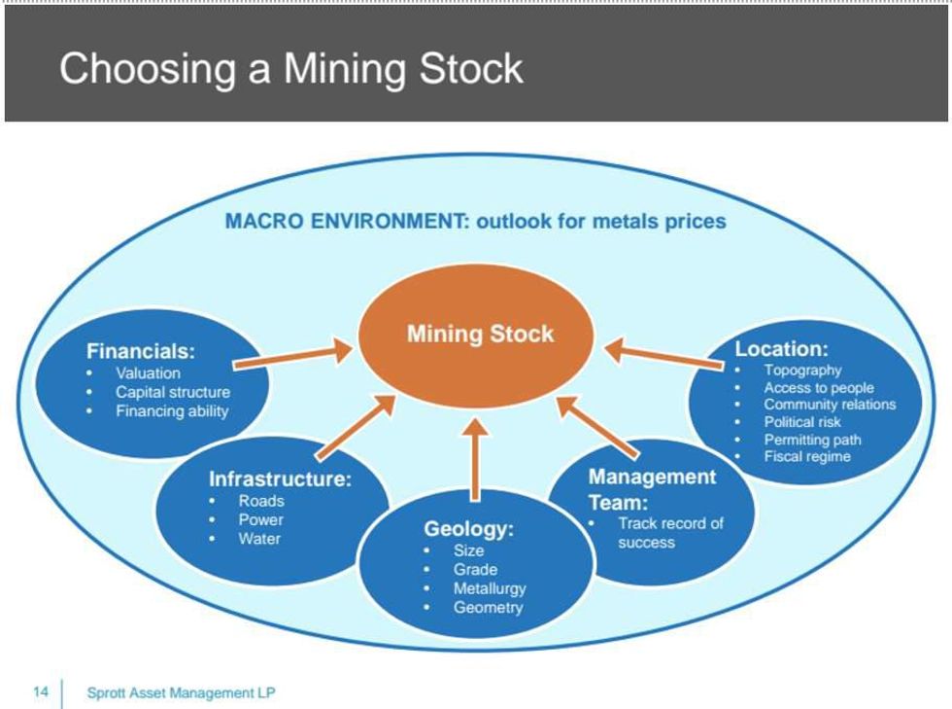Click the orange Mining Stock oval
479,335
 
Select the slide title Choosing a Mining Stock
291,69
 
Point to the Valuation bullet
148,372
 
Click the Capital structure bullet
173,392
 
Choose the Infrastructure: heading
280,479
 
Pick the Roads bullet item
261,501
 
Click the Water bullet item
259,539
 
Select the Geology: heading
468,529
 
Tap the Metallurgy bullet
489,588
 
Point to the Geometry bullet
488,608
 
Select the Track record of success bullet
670,532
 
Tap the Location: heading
781,348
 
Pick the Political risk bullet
802,422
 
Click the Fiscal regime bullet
806,456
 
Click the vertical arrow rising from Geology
476,457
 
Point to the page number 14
41,692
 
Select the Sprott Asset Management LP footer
181,692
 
